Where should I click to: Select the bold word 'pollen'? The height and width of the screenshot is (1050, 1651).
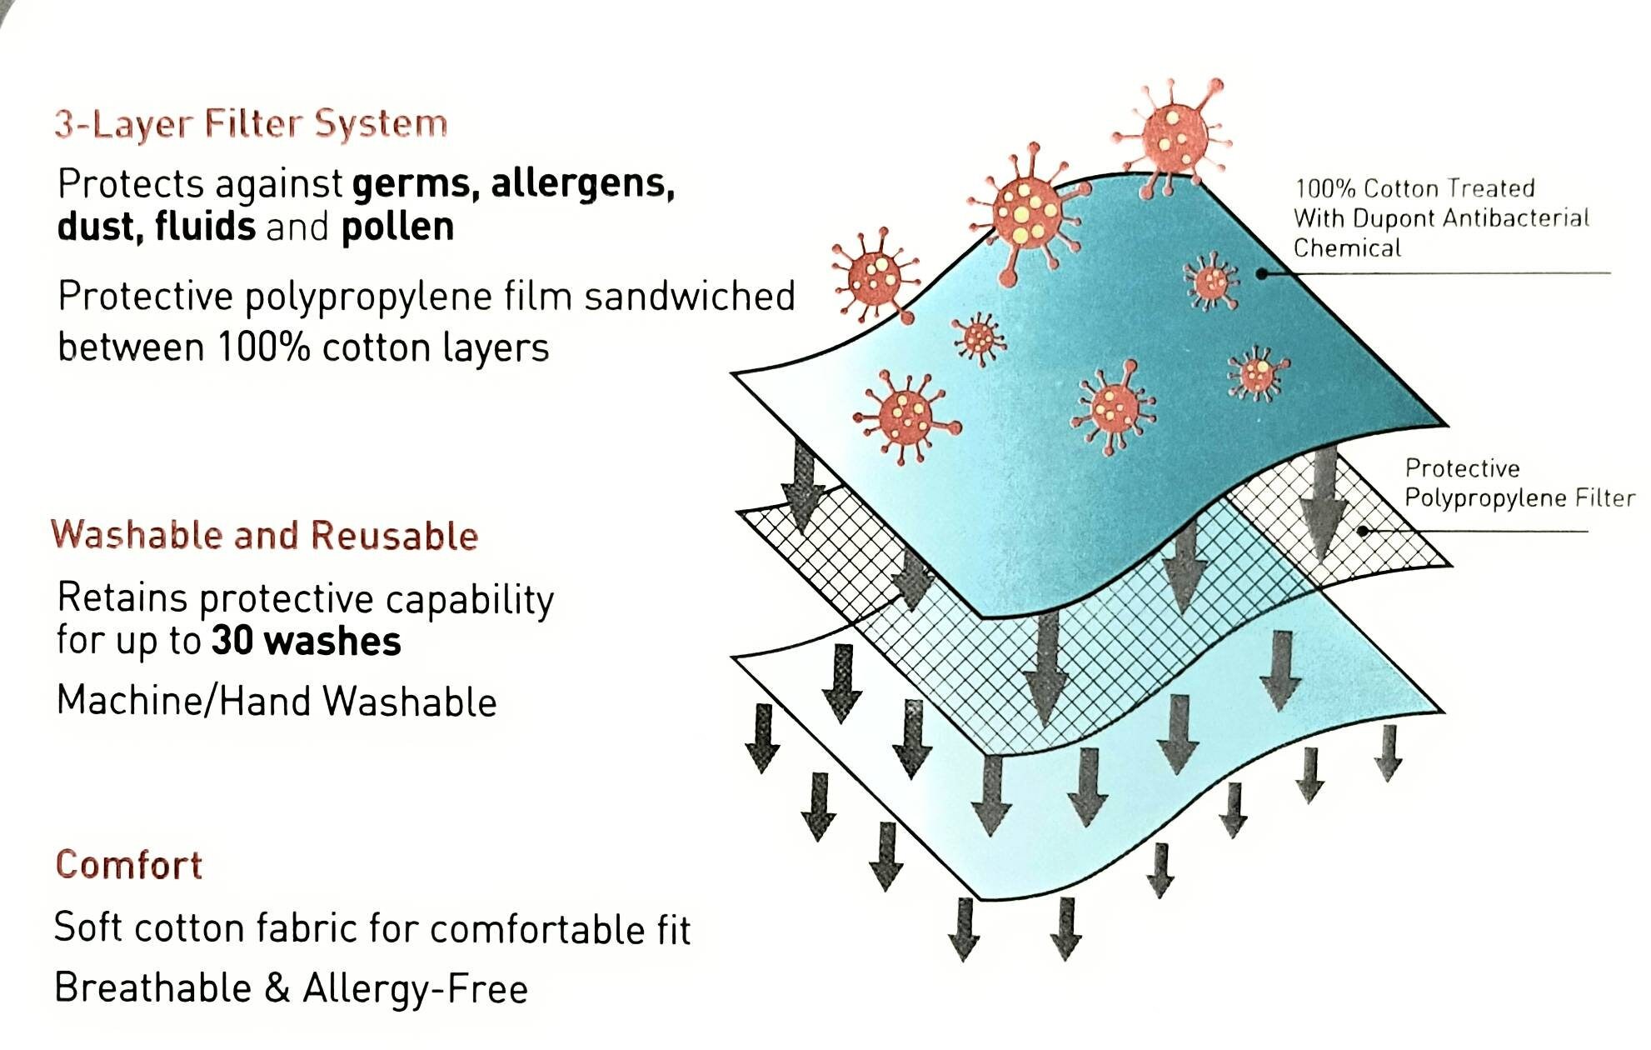[x=398, y=226]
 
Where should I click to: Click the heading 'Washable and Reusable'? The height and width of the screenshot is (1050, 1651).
[x=265, y=535]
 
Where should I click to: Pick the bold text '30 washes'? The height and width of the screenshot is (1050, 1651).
[x=307, y=641]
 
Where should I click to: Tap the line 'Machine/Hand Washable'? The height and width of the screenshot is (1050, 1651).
[x=277, y=701]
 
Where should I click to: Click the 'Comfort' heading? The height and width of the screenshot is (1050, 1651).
[x=129, y=865]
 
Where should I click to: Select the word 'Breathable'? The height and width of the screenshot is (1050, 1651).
[x=153, y=988]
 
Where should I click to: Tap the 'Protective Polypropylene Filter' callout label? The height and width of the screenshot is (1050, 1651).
[x=1519, y=482]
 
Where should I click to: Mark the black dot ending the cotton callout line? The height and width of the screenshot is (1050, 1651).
[x=1262, y=273]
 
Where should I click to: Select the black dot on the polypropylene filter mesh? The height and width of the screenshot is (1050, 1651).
[x=1363, y=531]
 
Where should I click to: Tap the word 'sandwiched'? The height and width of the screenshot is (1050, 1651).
[x=690, y=297]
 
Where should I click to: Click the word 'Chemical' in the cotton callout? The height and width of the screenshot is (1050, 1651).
[x=1347, y=248]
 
